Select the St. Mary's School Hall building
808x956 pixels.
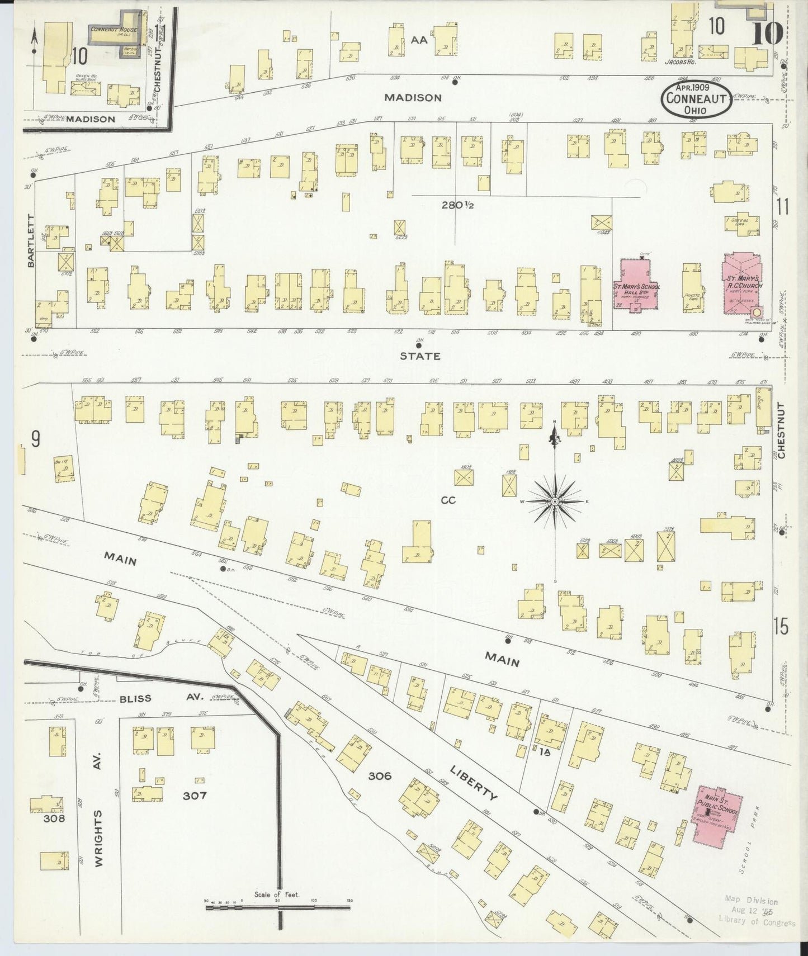tap(636, 286)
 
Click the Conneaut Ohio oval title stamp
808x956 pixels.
tap(696, 99)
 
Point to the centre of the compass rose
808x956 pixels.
tap(555, 502)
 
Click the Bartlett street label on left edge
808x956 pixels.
tap(31, 240)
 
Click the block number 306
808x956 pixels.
tap(380, 776)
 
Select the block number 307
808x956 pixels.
tap(195, 795)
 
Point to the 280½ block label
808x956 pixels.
tap(458, 205)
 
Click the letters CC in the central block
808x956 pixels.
tap(448, 500)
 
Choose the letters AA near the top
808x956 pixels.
tap(419, 40)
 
